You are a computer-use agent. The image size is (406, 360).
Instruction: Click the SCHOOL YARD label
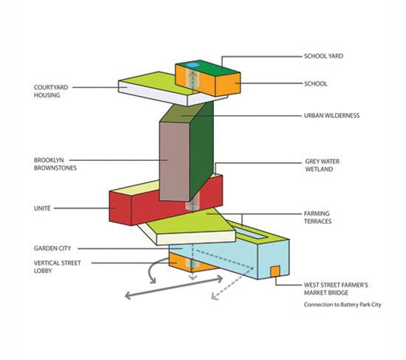point(323,56)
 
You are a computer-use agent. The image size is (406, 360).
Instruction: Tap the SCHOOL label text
point(316,84)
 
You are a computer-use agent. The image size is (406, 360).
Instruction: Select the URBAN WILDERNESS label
point(331,115)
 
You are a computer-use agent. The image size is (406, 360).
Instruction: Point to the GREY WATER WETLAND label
point(322,165)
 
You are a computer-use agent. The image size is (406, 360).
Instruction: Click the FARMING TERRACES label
point(317,218)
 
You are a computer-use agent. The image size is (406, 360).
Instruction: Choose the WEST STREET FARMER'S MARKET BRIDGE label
point(336,289)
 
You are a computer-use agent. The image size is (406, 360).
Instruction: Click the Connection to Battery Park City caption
point(343,305)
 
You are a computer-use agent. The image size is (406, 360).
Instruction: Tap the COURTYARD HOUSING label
point(51,91)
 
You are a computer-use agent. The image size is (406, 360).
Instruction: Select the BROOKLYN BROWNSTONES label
point(55,164)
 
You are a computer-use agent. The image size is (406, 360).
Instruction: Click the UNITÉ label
point(42,208)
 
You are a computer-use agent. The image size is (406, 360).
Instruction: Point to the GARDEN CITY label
point(52,249)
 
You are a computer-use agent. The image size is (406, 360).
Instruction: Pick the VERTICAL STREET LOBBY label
point(58,267)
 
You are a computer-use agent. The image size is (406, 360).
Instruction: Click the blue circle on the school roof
point(193,65)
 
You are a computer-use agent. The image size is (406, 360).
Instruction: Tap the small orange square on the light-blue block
point(275,271)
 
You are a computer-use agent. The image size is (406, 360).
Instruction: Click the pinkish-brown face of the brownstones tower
point(174,162)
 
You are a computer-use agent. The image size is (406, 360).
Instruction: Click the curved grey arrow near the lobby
point(151,270)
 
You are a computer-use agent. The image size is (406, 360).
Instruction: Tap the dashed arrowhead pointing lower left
point(215,297)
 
